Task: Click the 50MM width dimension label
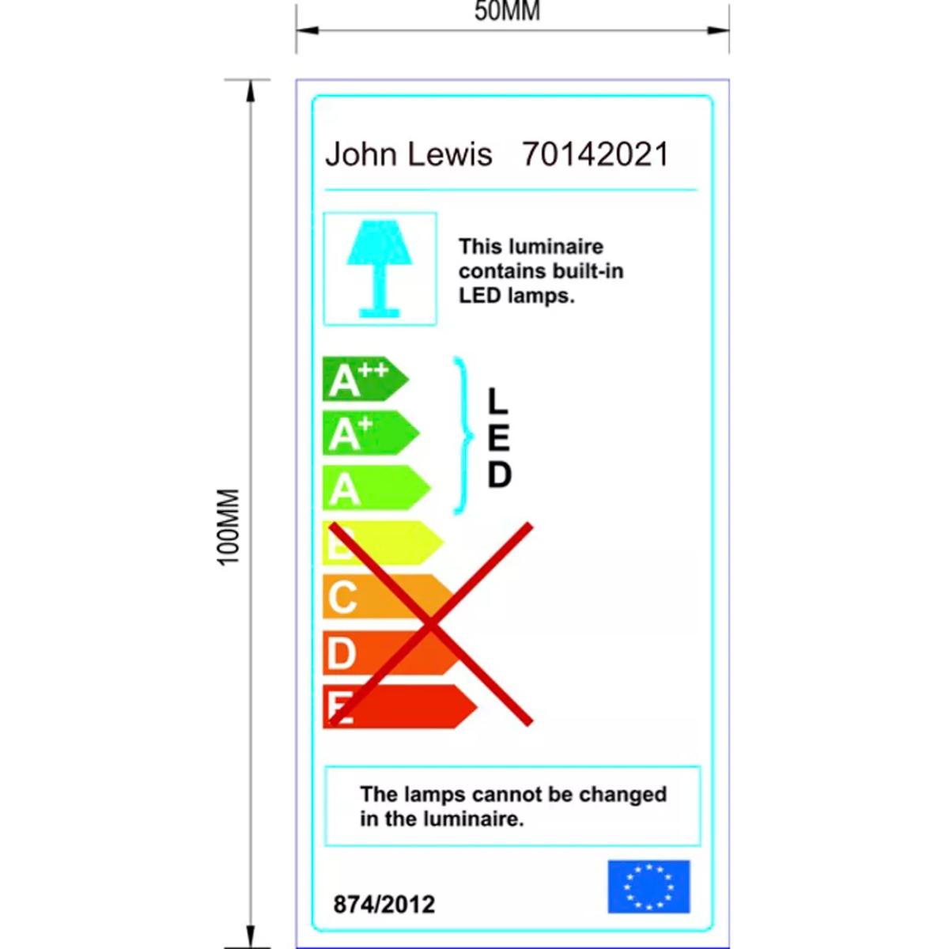507,11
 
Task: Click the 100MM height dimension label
229,527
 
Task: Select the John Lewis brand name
409,153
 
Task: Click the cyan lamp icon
380,269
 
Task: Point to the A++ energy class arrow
365,379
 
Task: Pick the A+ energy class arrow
371,433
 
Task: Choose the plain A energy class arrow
376,488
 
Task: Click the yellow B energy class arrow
384,543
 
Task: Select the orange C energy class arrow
389,596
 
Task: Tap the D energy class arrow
395,652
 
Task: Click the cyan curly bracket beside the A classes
463,436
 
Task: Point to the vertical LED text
499,438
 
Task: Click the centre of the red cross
431,625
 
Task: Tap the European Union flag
648,887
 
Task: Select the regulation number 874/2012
384,904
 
